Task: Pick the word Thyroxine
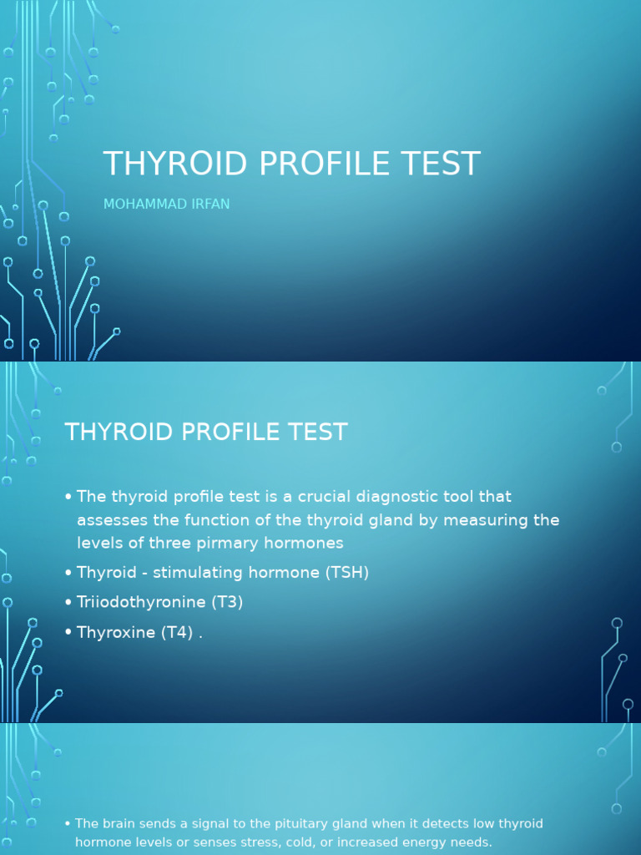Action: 114,632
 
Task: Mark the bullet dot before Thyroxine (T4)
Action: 68,633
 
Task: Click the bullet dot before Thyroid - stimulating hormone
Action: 68,574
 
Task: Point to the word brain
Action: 119,824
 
